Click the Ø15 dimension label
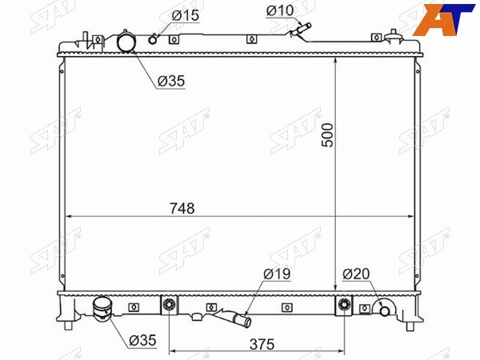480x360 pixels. (186, 15)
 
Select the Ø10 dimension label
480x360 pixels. (280, 10)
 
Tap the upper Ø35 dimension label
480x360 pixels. (171, 81)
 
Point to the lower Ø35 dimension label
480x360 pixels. (142, 341)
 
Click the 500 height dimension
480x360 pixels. (328, 135)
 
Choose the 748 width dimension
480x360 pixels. (182, 209)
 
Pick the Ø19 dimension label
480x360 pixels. (277, 274)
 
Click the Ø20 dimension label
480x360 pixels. (356, 274)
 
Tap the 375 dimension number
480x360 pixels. (262, 344)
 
